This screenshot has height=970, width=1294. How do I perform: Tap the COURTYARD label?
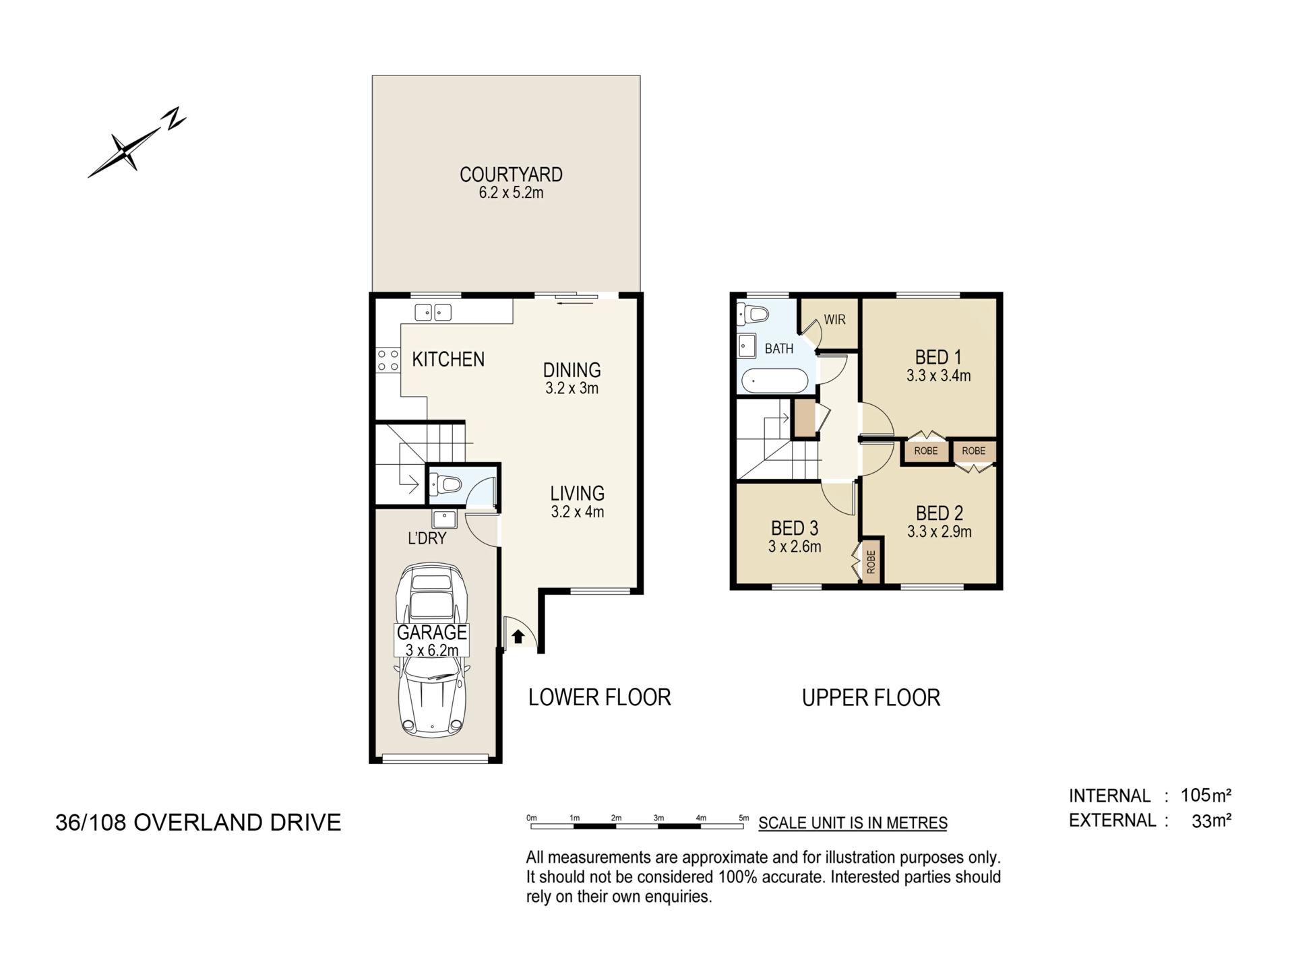coord(511,174)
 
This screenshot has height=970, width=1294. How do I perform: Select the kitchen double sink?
coord(433,313)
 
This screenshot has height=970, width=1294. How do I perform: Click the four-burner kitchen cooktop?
coord(388,360)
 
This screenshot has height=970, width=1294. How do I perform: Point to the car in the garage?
coord(432,650)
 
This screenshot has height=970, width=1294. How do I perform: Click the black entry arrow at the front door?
coord(518,636)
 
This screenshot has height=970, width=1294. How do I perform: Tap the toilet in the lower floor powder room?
coord(445,484)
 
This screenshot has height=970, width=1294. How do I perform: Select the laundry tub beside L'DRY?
coord(445,519)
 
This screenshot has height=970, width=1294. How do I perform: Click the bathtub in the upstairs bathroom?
coord(774,381)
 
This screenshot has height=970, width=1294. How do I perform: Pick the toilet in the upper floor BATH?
coord(753,315)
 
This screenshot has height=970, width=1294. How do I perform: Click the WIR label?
coord(834,320)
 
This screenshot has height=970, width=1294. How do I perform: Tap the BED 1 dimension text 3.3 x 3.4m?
coord(938,376)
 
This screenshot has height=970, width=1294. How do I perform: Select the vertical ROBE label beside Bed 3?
coord(871,562)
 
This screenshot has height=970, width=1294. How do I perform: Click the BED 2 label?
coord(939,513)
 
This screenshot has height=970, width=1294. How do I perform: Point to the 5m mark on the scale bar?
coord(743,818)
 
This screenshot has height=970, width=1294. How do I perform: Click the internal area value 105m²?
coord(1206,796)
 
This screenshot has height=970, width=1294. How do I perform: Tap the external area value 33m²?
coord(1212,820)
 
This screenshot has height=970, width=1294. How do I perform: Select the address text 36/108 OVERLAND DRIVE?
coord(198,822)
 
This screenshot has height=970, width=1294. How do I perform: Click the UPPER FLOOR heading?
coord(871,698)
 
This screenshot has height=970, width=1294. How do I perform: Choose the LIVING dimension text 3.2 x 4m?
coord(578,512)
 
